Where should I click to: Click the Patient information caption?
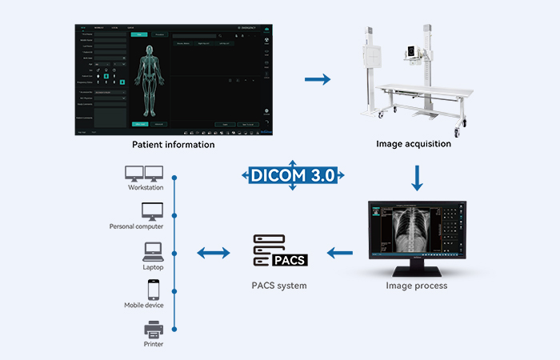(x=173, y=145)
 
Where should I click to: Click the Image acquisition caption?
(x=414, y=145)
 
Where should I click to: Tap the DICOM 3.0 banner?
(x=292, y=175)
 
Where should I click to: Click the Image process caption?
(x=416, y=286)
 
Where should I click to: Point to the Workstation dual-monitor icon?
(x=145, y=173)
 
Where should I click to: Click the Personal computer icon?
(x=152, y=212)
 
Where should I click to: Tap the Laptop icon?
(x=152, y=252)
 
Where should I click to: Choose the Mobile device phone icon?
(x=152, y=290)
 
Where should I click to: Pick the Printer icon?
(x=152, y=329)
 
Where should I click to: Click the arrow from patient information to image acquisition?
(x=318, y=79)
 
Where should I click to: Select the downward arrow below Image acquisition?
(x=416, y=178)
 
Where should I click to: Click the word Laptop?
(x=152, y=267)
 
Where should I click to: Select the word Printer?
(x=152, y=345)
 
